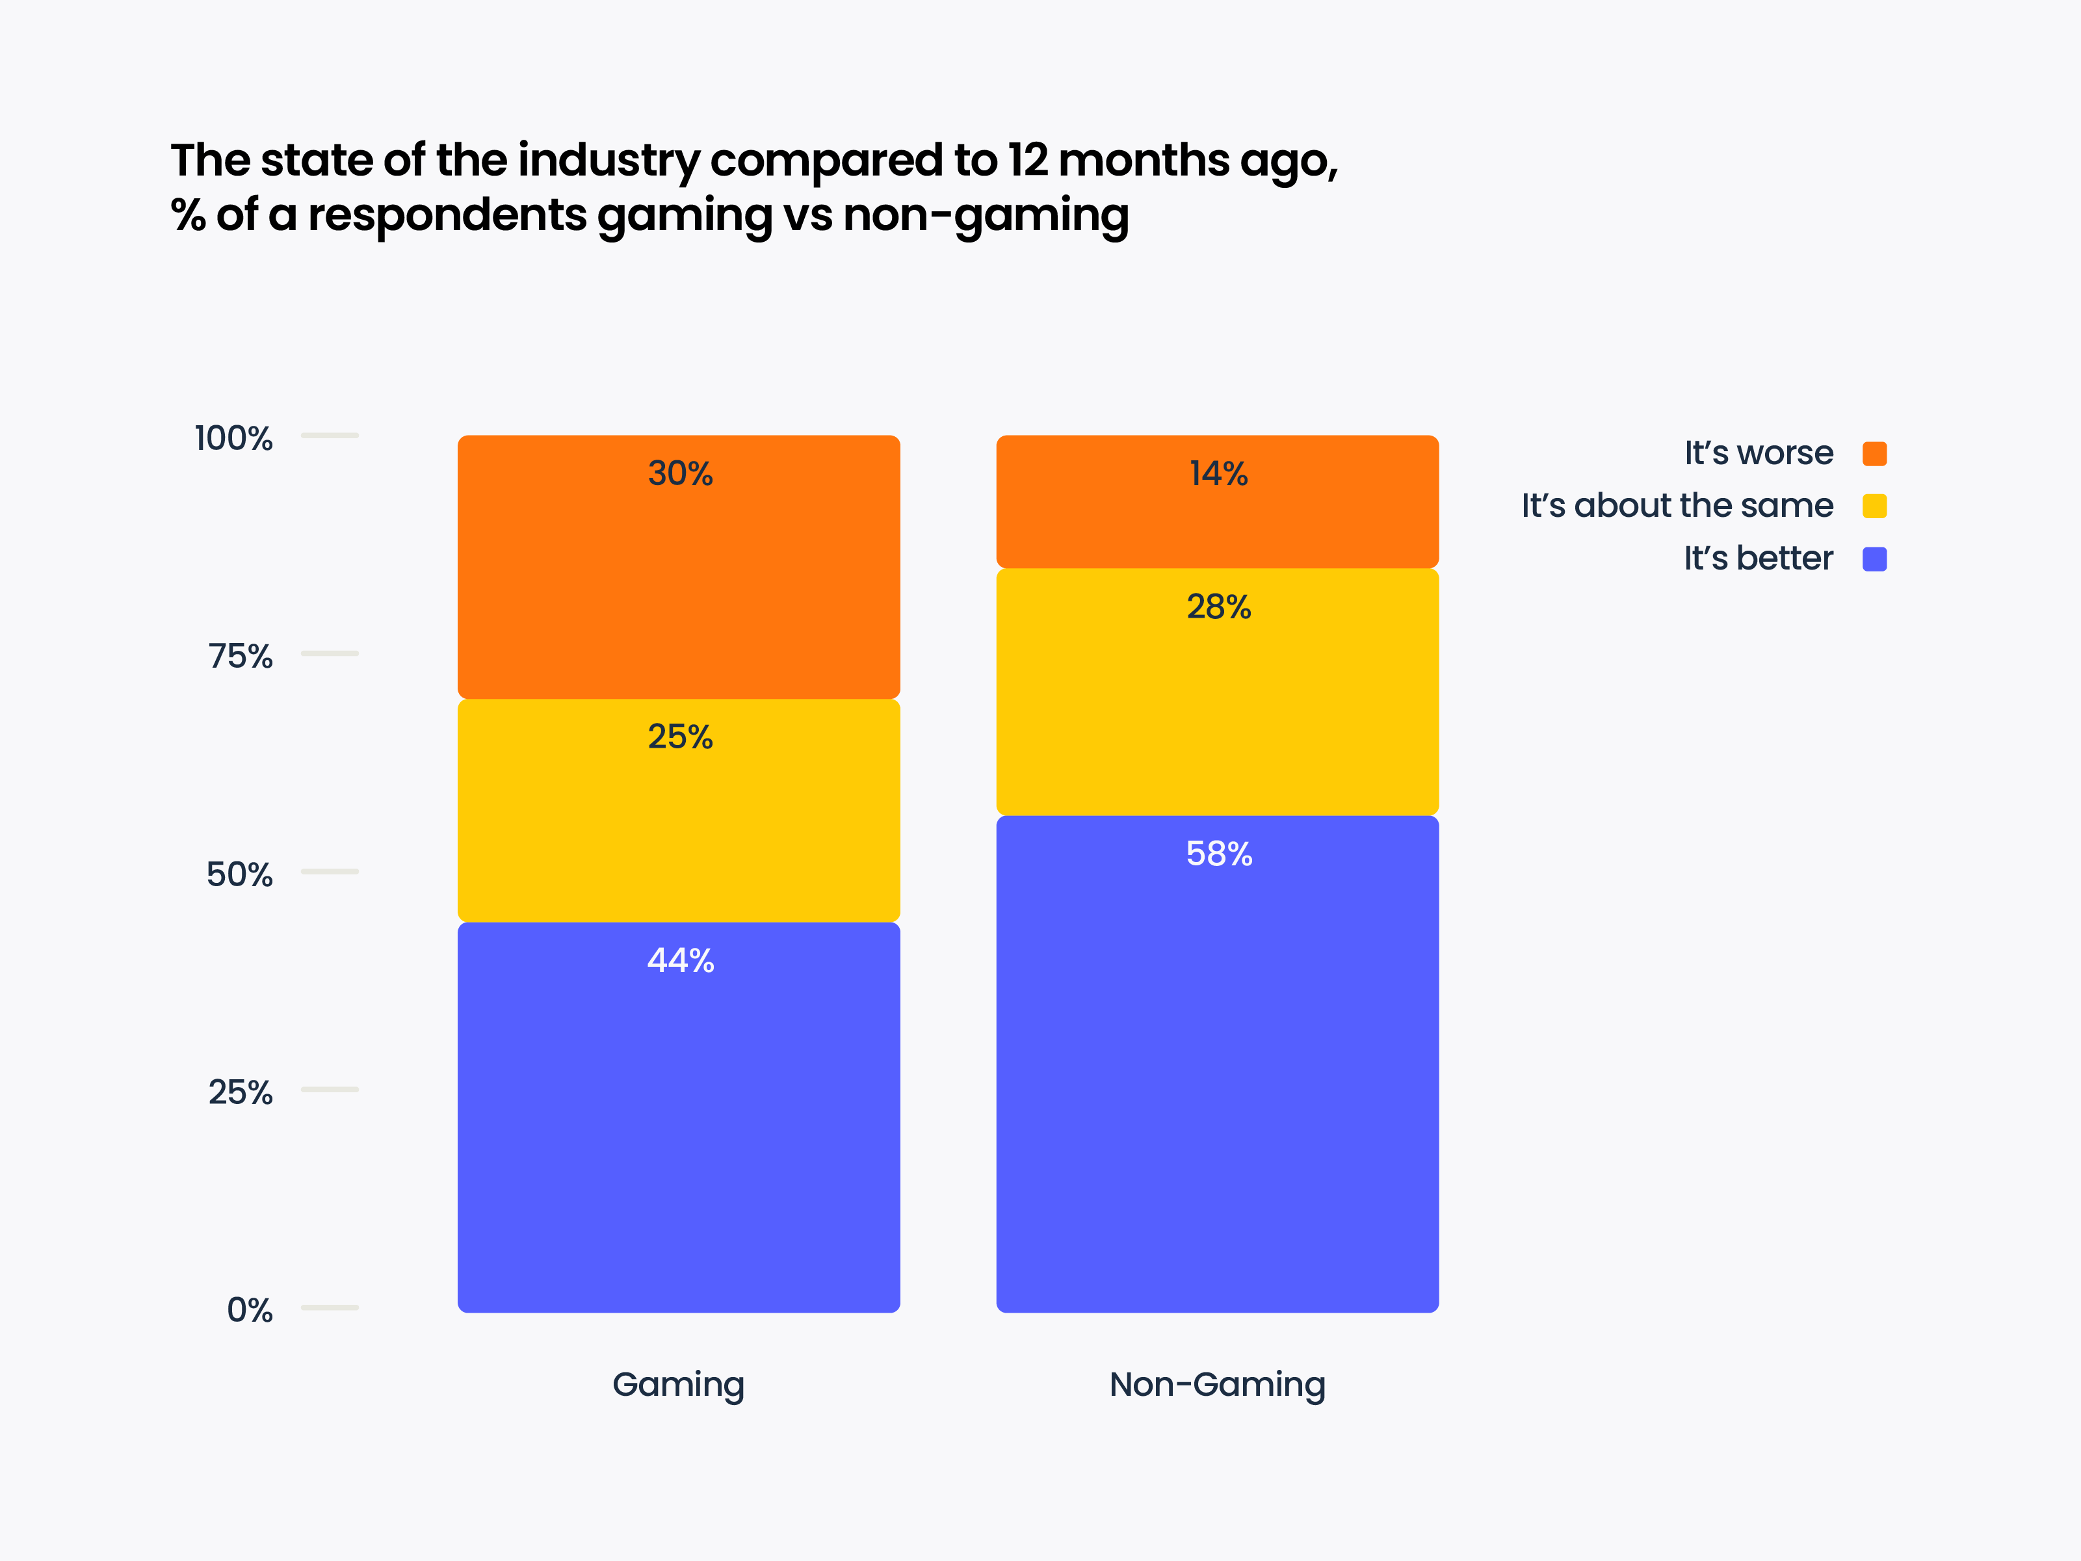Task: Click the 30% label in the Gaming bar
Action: tap(679, 473)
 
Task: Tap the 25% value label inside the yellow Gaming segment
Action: tap(679, 737)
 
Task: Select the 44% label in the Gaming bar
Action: tap(679, 961)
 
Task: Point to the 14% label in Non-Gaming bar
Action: tap(1218, 473)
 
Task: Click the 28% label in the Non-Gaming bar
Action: tap(1218, 607)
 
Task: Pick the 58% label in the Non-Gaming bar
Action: tap(1218, 854)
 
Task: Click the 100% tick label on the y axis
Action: tap(233, 438)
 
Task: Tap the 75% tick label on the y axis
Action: tap(240, 657)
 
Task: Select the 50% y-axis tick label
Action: tap(239, 875)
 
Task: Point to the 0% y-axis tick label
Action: tap(249, 1311)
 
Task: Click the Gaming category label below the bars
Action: tap(678, 1385)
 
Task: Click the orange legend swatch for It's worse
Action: tap(1874, 454)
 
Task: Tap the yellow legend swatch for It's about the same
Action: tap(1874, 506)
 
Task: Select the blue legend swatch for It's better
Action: tap(1874, 559)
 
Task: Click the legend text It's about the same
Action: tap(1677, 506)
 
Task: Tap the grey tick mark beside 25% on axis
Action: tap(329, 1090)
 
